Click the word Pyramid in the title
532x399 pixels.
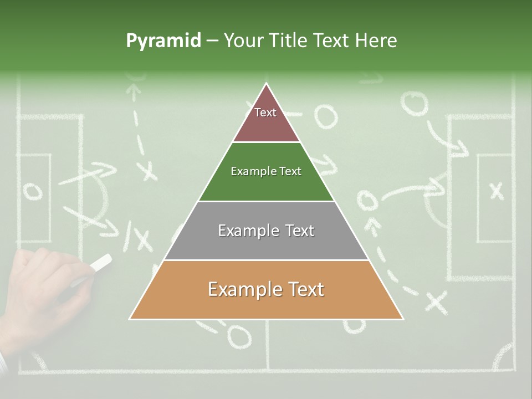163,41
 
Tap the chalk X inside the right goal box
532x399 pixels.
497,191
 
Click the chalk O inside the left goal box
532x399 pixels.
32,191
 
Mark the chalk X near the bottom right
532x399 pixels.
436,302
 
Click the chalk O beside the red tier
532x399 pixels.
326,116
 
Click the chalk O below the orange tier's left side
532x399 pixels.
238,335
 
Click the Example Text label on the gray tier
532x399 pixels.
266,231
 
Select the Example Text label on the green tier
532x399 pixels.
266,171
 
